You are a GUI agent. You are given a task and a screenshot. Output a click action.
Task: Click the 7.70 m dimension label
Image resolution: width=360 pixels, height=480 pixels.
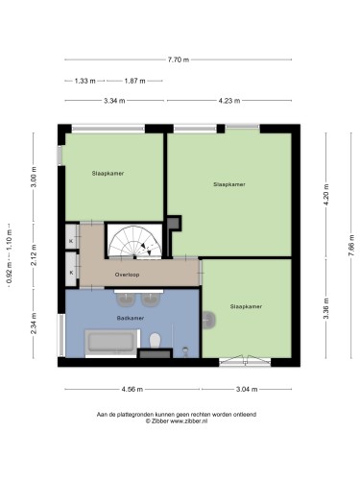pyautogui.click(x=179, y=60)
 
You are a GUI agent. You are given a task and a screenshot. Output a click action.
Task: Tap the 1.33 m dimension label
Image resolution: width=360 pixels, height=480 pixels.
pyautogui.click(x=85, y=81)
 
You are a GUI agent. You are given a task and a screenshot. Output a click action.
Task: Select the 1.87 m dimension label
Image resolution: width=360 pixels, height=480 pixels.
pyautogui.click(x=134, y=81)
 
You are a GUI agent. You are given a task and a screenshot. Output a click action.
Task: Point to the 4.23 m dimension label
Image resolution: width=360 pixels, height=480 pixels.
pyautogui.click(x=229, y=101)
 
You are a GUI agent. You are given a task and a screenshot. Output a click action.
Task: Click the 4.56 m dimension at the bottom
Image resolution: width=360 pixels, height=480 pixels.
pyautogui.click(x=132, y=390)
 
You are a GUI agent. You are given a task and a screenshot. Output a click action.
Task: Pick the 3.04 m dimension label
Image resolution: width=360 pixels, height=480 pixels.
pyautogui.click(x=247, y=390)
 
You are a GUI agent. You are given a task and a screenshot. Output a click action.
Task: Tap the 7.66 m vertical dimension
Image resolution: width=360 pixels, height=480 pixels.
pyautogui.click(x=351, y=246)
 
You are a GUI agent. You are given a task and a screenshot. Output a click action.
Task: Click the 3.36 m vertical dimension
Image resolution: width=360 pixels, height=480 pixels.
pyautogui.click(x=326, y=308)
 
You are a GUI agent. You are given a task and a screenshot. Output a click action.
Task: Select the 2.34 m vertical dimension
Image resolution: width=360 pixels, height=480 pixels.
pyautogui.click(x=34, y=324)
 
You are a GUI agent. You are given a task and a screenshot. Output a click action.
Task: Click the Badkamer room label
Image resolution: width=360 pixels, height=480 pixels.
pyautogui.click(x=131, y=318)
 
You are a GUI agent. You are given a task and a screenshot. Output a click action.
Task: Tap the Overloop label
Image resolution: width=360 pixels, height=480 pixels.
pyautogui.click(x=127, y=275)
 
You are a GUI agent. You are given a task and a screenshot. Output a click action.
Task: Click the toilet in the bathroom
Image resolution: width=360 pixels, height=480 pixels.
pyautogui.click(x=156, y=341)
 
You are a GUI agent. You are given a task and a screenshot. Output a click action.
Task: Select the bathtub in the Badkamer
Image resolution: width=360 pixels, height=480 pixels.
pyautogui.click(x=111, y=343)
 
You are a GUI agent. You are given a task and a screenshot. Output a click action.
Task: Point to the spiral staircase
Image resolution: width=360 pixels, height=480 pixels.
pyautogui.click(x=134, y=241)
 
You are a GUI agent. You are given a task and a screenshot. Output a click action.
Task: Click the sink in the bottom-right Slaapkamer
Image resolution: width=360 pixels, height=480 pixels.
pyautogui.click(x=209, y=320)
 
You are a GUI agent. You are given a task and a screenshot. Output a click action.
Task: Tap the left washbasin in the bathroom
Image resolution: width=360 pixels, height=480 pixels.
pyautogui.click(x=126, y=299)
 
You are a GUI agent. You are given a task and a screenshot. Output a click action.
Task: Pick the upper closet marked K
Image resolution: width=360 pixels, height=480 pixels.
pyautogui.click(x=72, y=237)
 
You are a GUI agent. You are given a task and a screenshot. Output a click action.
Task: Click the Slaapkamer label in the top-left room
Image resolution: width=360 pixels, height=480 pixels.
pyautogui.click(x=108, y=174)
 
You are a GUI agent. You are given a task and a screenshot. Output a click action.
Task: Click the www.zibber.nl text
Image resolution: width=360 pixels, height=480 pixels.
pyautogui.click(x=188, y=421)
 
